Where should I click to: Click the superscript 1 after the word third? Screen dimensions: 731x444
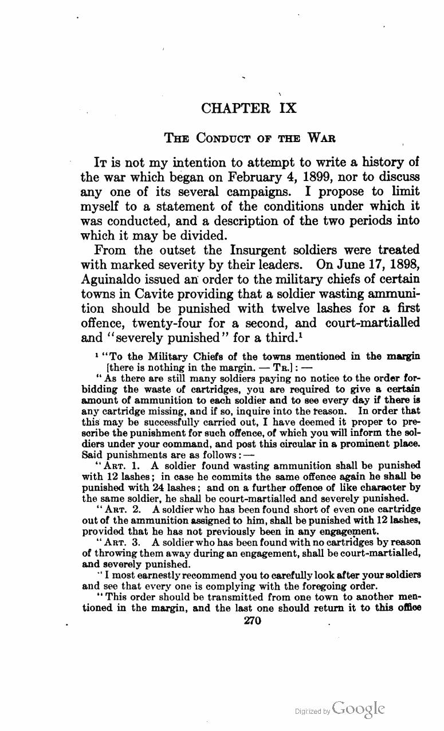tap(301, 334)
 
